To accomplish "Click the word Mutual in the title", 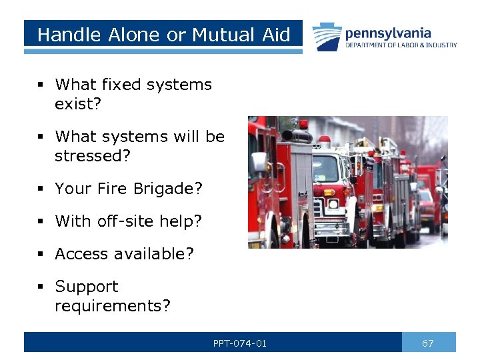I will point(225,35).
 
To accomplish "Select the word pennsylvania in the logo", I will point(387,33).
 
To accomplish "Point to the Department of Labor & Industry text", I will point(401,45).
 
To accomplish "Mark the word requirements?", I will point(113,306).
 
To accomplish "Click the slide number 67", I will point(428,343).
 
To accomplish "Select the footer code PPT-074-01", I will point(240,343).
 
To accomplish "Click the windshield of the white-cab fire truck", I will point(325,168).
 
